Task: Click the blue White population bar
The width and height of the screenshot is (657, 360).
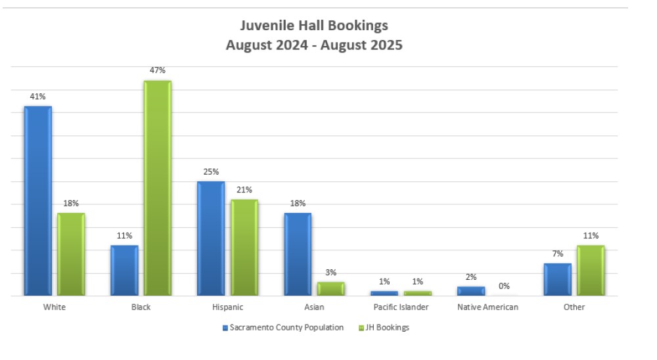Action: point(37,200)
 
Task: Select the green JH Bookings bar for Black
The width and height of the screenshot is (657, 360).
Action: point(157,188)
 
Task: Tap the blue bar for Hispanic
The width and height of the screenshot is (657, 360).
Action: point(210,238)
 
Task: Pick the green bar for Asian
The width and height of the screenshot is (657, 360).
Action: point(330,289)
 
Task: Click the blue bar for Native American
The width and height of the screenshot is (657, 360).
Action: point(470,291)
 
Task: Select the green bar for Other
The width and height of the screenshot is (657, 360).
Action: point(590,271)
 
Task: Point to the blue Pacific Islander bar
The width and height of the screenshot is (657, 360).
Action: point(384,293)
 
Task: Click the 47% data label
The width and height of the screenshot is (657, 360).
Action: point(157,70)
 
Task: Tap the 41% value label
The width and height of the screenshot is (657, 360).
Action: point(37,97)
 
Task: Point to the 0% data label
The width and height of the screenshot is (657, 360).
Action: point(504,286)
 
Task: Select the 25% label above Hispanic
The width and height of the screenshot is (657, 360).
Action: point(210,171)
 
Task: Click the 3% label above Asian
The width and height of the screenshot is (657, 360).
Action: point(330,273)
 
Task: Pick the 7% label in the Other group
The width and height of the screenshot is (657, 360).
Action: point(557,254)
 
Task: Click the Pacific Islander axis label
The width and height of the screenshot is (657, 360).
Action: point(400,307)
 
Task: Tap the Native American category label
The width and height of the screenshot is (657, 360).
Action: point(487,307)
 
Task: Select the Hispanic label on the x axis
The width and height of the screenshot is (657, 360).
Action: point(227,307)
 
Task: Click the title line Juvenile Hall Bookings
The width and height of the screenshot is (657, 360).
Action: point(313,26)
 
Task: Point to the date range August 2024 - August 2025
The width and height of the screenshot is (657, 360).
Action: point(313,45)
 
